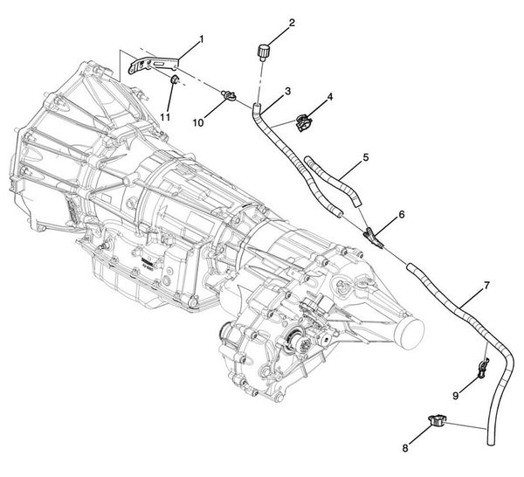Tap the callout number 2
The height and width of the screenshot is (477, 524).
[x=267, y=22]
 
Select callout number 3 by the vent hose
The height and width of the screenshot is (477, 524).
[x=287, y=91]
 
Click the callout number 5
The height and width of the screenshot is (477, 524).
[x=366, y=157]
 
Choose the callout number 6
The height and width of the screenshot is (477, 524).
[x=401, y=214]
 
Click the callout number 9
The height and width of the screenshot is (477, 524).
[x=454, y=395]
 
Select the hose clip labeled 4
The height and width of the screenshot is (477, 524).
[x=305, y=122]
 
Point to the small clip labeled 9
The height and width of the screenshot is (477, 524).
[x=480, y=369]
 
